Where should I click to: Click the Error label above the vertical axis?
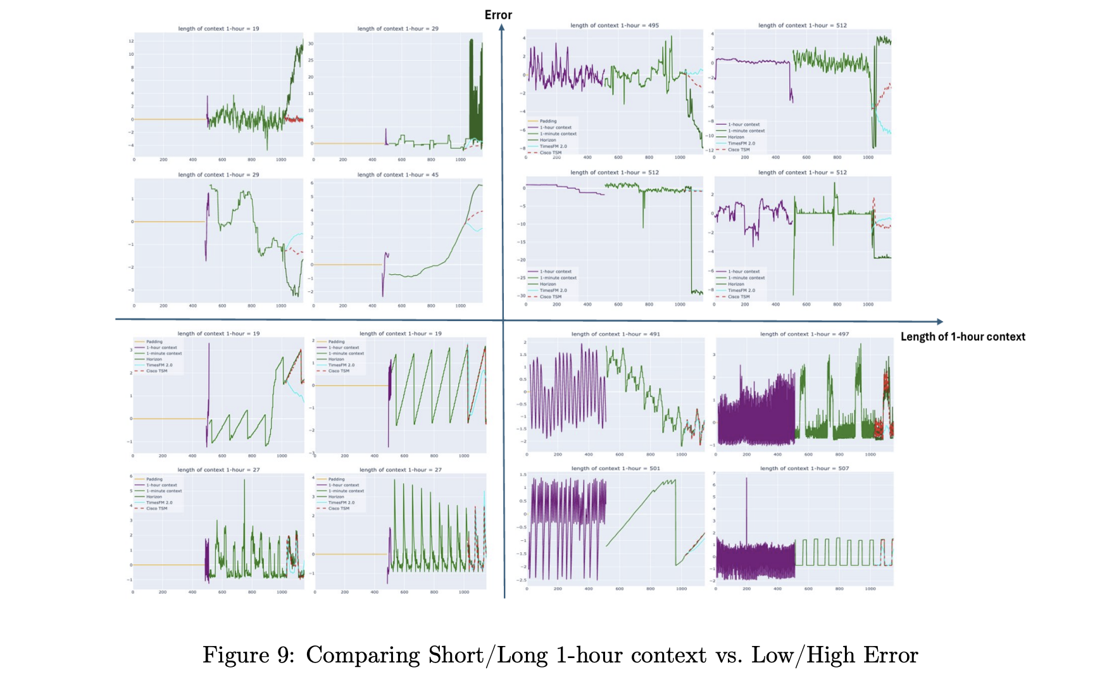pyautogui.click(x=498, y=15)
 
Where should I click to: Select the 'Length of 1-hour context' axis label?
pyautogui.click(x=963, y=336)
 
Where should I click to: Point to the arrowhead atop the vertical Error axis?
pyautogui.click(x=501, y=27)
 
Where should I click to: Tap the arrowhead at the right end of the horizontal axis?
pyautogui.click(x=940, y=322)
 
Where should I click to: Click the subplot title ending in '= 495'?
pyautogui.click(x=615, y=25)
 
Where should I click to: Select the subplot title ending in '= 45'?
pyautogui.click(x=397, y=175)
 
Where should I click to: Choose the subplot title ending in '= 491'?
pyautogui.click(x=615, y=334)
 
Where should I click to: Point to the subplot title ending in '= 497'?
pyautogui.click(x=804, y=334)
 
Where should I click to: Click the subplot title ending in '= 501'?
pyautogui.click(x=615, y=468)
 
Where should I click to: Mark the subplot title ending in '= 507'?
pyautogui.click(x=804, y=468)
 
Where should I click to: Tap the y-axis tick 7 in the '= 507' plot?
pyautogui.click(x=714, y=473)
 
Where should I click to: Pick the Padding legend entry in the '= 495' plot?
pyautogui.click(x=548, y=121)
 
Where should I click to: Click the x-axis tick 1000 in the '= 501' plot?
pyautogui.click(x=681, y=588)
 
